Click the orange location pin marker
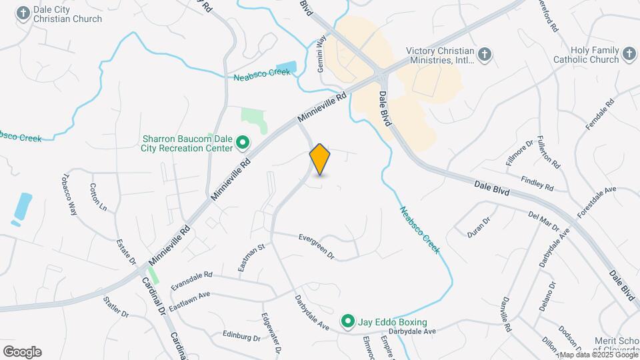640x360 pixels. pyautogui.click(x=320, y=159)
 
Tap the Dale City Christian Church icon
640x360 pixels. pyautogui.click(x=24, y=13)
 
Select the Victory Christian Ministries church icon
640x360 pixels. pyautogui.click(x=485, y=55)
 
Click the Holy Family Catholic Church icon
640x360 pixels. pyautogui.click(x=629, y=53)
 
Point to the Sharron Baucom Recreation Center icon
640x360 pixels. pyautogui.click(x=243, y=143)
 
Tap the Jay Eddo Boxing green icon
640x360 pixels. pyautogui.click(x=348, y=322)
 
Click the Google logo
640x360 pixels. pyautogui.click(x=22, y=352)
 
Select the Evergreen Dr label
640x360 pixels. pyautogui.click(x=316, y=237)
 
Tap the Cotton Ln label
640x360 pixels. pyautogui.click(x=97, y=197)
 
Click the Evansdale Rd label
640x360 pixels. pyautogui.click(x=191, y=280)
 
